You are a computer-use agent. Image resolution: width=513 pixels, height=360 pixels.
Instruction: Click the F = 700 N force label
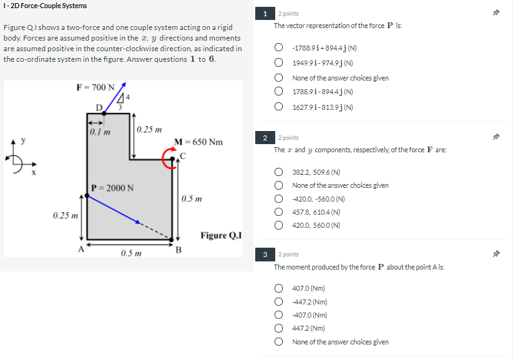[x=95, y=87]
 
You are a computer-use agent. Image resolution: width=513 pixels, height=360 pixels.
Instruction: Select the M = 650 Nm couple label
[x=198, y=142]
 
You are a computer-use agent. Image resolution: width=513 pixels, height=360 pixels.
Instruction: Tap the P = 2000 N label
[x=112, y=187]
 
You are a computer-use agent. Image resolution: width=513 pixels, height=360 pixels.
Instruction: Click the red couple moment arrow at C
[x=169, y=158]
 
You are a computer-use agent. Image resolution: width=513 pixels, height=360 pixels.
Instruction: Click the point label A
[x=80, y=249]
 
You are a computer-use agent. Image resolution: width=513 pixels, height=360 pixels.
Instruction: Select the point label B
[x=178, y=251]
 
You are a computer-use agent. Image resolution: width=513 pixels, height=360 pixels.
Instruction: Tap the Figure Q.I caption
[x=220, y=235]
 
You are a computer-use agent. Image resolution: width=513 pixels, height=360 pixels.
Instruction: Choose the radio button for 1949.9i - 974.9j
[x=280, y=63]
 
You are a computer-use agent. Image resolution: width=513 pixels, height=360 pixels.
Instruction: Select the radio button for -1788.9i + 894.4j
[x=280, y=48]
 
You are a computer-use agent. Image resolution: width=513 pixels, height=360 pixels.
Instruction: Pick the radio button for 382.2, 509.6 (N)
[x=280, y=172]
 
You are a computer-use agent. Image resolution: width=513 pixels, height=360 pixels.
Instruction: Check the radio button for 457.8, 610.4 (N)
[x=280, y=212]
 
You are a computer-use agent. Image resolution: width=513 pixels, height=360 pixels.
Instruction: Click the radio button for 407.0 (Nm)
[x=280, y=288]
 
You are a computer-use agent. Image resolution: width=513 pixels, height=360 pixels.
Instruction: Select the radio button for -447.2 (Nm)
[x=280, y=302]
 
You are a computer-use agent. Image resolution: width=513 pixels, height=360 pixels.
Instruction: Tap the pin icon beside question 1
[x=497, y=13]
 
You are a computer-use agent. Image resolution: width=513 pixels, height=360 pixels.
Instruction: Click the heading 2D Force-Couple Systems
[x=45, y=6]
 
